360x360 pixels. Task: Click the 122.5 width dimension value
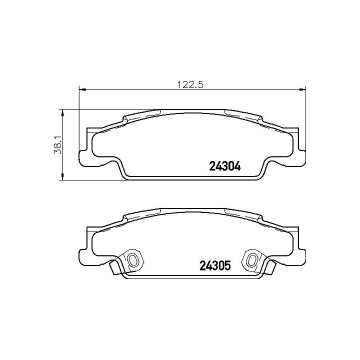click(x=190, y=85)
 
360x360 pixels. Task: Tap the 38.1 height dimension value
click(x=58, y=144)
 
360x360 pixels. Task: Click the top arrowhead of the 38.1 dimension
click(x=62, y=112)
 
